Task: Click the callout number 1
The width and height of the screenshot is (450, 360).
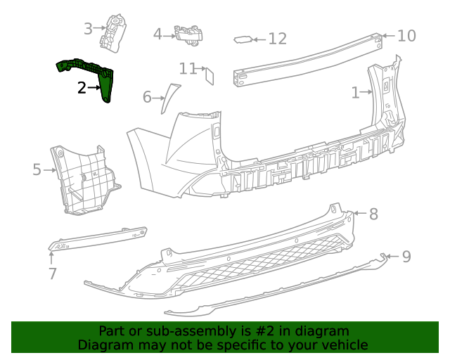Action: coord(356,91)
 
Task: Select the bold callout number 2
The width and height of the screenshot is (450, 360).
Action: coord(82,88)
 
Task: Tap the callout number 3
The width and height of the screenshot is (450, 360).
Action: coord(88,29)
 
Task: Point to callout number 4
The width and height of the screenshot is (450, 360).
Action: coord(157,34)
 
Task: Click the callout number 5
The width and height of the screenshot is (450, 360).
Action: coord(37,169)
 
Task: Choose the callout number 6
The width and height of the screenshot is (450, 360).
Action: coord(147,96)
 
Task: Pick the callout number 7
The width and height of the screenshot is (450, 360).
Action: coord(53,273)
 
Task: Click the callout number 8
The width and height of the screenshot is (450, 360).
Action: coord(373,214)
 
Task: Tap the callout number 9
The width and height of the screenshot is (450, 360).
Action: coord(406,257)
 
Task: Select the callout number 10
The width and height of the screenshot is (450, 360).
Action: coord(406,35)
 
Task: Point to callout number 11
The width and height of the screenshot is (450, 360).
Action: coord(187,68)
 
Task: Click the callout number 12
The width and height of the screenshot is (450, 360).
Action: coord(278,39)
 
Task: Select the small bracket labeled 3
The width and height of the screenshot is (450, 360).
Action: coord(112,32)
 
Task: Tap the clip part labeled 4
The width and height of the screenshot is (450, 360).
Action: coord(188,34)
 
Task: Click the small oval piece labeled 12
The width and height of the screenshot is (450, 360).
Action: coord(243,40)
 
